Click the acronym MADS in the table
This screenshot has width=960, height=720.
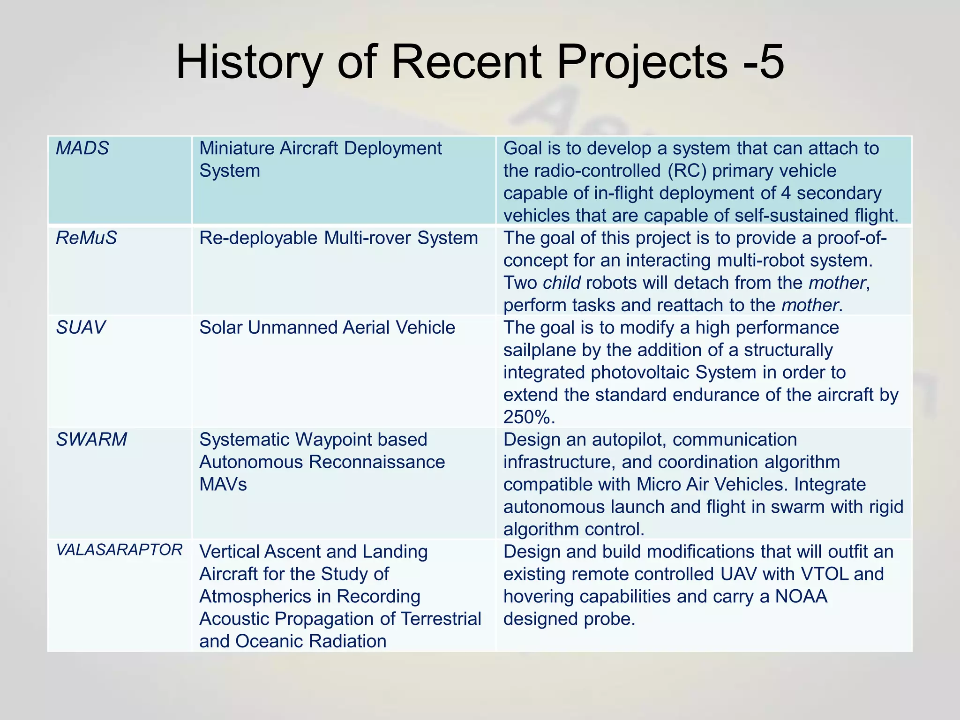82,148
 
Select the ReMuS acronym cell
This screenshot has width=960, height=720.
86,238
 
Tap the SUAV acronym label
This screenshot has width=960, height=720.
81,328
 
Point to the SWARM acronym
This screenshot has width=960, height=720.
91,440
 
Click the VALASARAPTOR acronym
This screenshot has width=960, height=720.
119,550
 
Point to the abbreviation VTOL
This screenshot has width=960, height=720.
825,574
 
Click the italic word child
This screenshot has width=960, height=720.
562,283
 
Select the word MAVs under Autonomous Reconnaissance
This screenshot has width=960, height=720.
223,485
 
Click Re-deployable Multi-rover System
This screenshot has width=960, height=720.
338,238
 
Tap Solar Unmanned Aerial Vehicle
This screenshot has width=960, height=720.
327,328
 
